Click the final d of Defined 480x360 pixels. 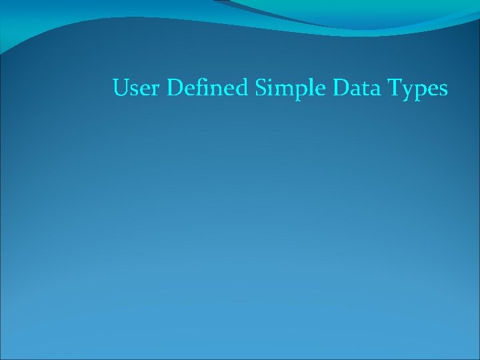click(241, 88)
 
